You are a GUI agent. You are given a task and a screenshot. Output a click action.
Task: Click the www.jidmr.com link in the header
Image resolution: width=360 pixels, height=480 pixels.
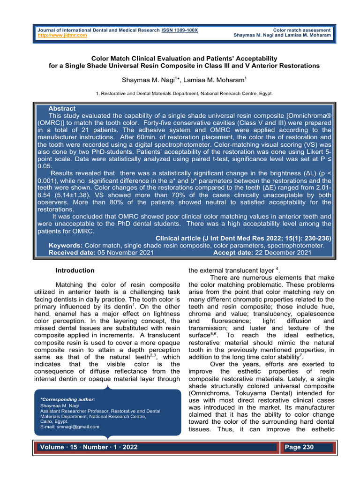(x=62, y=35)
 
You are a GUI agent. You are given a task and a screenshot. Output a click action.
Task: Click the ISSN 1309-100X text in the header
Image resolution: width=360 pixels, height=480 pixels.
(x=179, y=30)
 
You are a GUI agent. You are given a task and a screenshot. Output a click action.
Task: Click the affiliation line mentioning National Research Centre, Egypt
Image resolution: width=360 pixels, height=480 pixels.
(x=184, y=94)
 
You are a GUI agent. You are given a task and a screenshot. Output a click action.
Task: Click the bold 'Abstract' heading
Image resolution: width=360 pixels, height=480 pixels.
(x=62, y=108)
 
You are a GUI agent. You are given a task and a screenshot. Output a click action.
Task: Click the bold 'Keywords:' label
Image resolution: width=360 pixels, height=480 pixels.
(x=66, y=245)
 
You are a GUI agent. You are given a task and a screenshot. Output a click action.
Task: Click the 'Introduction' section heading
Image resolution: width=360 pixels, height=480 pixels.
(x=75, y=270)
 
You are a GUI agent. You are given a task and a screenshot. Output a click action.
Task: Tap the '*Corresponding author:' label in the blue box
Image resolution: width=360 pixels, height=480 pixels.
(x=68, y=399)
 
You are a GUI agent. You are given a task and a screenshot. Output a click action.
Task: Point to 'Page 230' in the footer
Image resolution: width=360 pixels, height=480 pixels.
(x=300, y=447)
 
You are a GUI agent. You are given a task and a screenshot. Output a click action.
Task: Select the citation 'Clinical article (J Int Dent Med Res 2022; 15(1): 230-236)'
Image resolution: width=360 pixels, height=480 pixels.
(x=243, y=238)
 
